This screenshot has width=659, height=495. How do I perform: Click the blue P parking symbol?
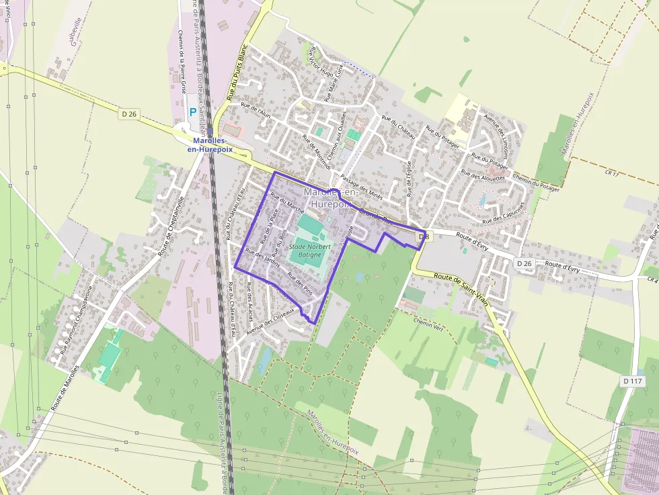tap(193, 113)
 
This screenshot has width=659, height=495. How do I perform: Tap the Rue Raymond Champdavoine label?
tap(75, 319)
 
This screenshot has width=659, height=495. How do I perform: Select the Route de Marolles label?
tap(65, 388)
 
